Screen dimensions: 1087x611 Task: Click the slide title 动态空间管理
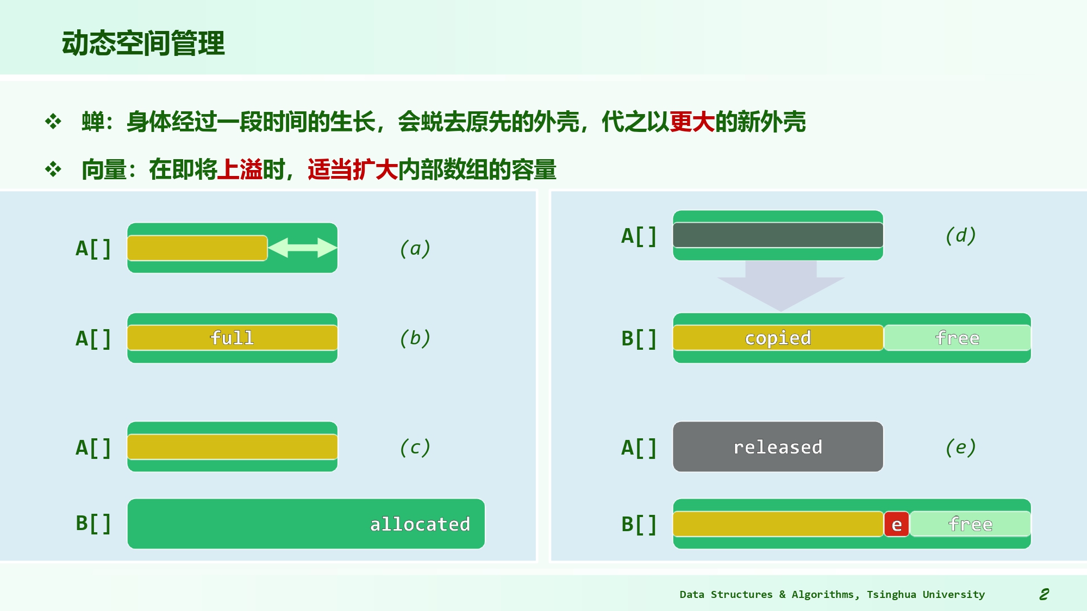(x=143, y=43)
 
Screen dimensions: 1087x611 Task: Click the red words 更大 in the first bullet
(x=692, y=122)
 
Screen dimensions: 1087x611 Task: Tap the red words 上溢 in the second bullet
(x=240, y=169)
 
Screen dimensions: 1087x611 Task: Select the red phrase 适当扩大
(x=353, y=169)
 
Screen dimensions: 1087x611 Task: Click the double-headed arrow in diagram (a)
(x=303, y=248)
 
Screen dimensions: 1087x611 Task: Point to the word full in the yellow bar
(x=232, y=338)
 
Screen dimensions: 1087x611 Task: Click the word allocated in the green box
(x=420, y=524)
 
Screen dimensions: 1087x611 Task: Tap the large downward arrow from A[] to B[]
(x=780, y=286)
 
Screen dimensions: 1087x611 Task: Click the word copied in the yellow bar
(x=778, y=338)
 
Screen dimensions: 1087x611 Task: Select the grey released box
(x=778, y=446)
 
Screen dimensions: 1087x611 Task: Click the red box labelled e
(x=897, y=524)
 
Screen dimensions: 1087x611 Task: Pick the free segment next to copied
(x=958, y=338)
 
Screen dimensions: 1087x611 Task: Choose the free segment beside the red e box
(x=971, y=524)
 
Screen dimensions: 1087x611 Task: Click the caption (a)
(x=415, y=248)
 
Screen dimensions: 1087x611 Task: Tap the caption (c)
(x=415, y=447)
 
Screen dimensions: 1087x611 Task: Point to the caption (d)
(x=961, y=235)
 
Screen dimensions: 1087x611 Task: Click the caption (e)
(x=961, y=447)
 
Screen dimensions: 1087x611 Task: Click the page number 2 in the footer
(x=1044, y=594)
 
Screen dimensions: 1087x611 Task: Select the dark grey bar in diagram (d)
(x=778, y=235)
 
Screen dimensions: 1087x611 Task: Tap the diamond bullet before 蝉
(x=53, y=121)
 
